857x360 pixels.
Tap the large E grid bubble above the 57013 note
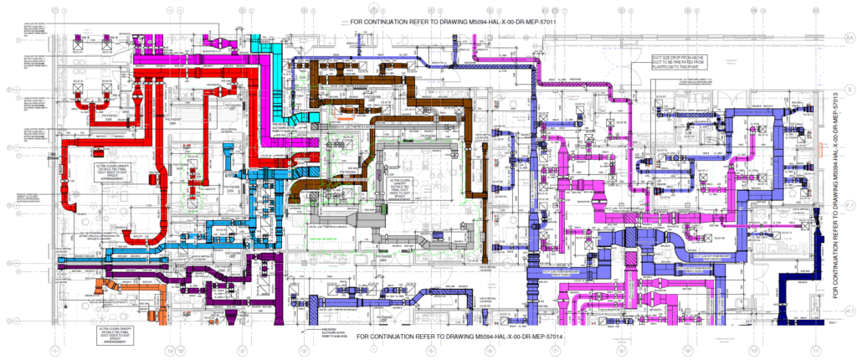847,88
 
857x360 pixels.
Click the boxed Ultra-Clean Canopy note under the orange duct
115,335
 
